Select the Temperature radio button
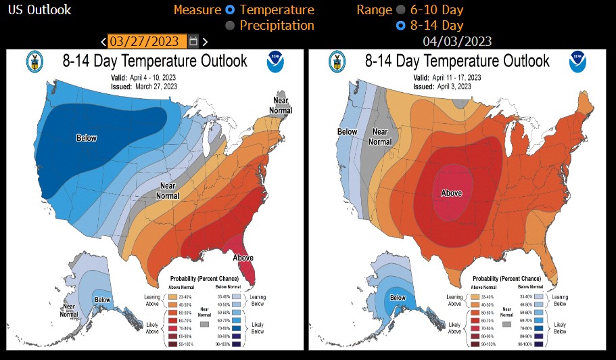pyautogui.click(x=231, y=10)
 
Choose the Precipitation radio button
pyautogui.click(x=231, y=26)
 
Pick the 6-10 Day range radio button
pyautogui.click(x=401, y=10)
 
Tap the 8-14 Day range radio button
pyautogui.click(x=401, y=26)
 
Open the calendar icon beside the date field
pyautogui.click(x=193, y=41)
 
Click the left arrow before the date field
pyautogui.click(x=103, y=42)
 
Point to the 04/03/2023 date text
pyautogui.click(x=457, y=41)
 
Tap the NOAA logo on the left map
pyautogui.click(x=275, y=62)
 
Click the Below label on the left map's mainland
pyautogui.click(x=87, y=138)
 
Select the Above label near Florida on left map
pyautogui.click(x=243, y=258)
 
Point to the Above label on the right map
pyautogui.click(x=451, y=193)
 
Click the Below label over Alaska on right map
pyautogui.click(x=398, y=298)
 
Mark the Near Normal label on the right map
pyautogui.click(x=380, y=137)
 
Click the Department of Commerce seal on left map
pyautogui.click(x=34, y=62)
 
